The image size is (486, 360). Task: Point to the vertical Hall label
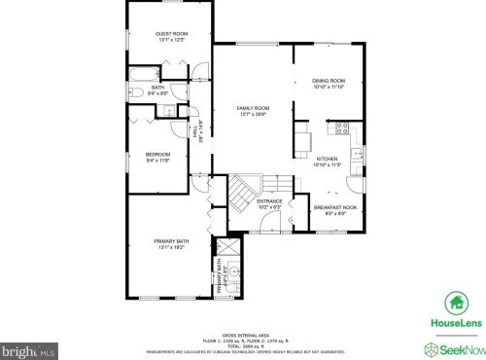pyautogui.click(x=197, y=132)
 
